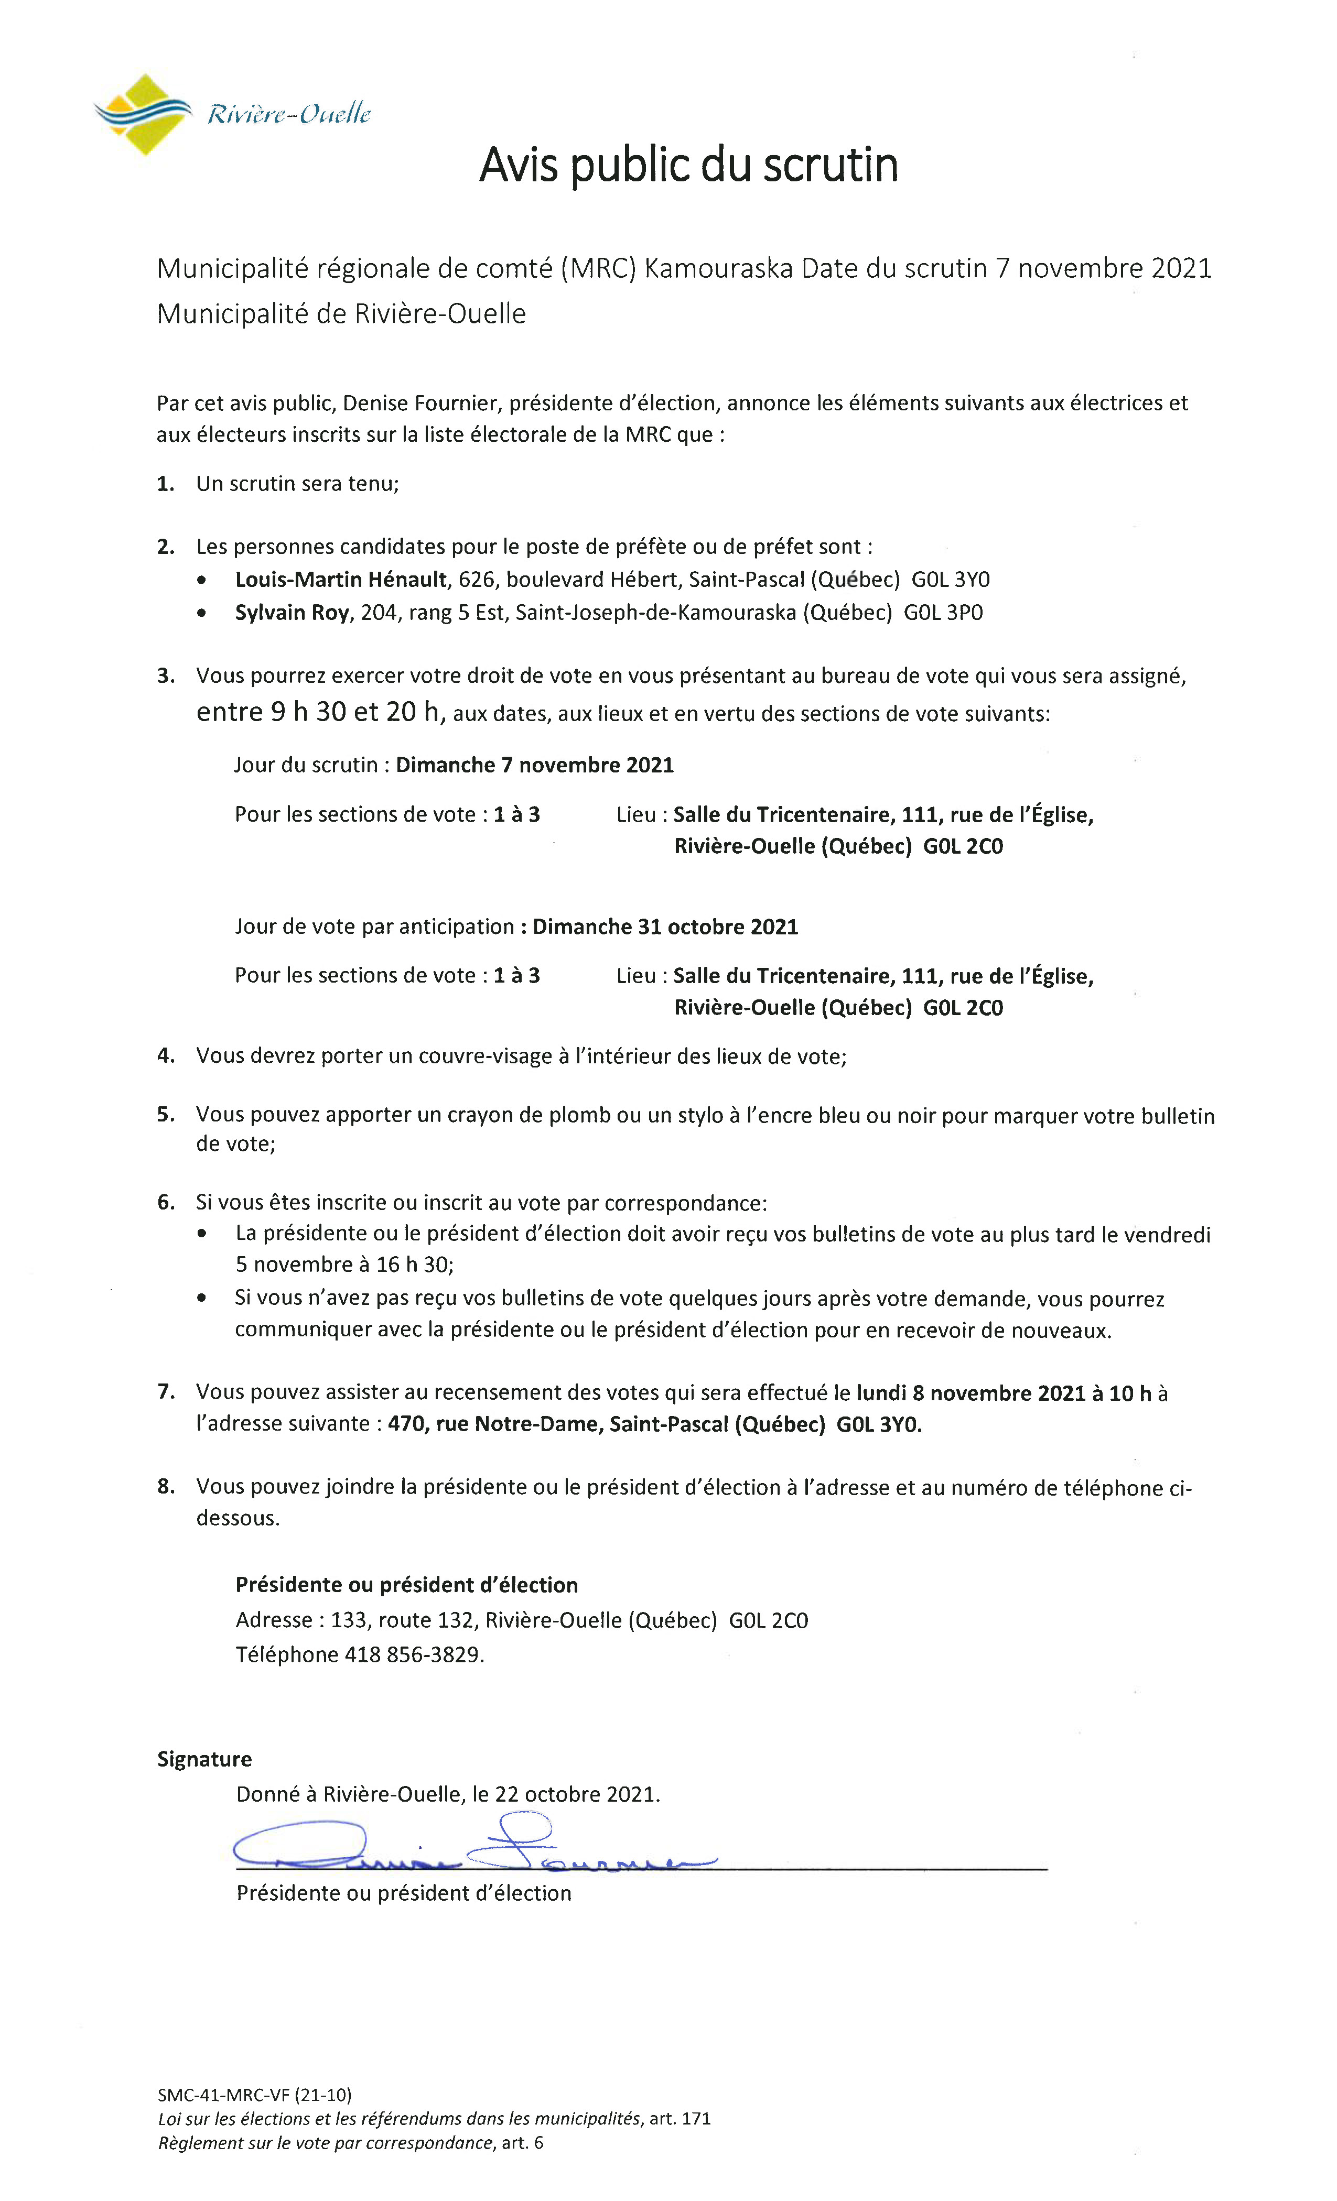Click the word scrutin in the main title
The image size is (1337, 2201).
point(831,165)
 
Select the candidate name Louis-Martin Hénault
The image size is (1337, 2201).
point(340,580)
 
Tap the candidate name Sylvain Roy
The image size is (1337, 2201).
point(292,613)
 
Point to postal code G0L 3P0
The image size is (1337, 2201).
point(943,613)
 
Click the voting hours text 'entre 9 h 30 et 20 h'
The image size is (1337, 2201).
point(319,712)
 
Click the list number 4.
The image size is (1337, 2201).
point(165,1056)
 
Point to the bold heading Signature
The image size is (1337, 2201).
point(204,1759)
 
